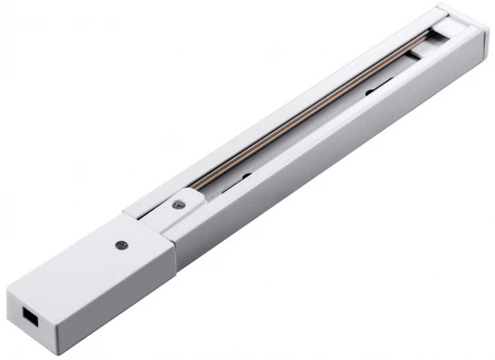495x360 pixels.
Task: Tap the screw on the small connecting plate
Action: (178, 201)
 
